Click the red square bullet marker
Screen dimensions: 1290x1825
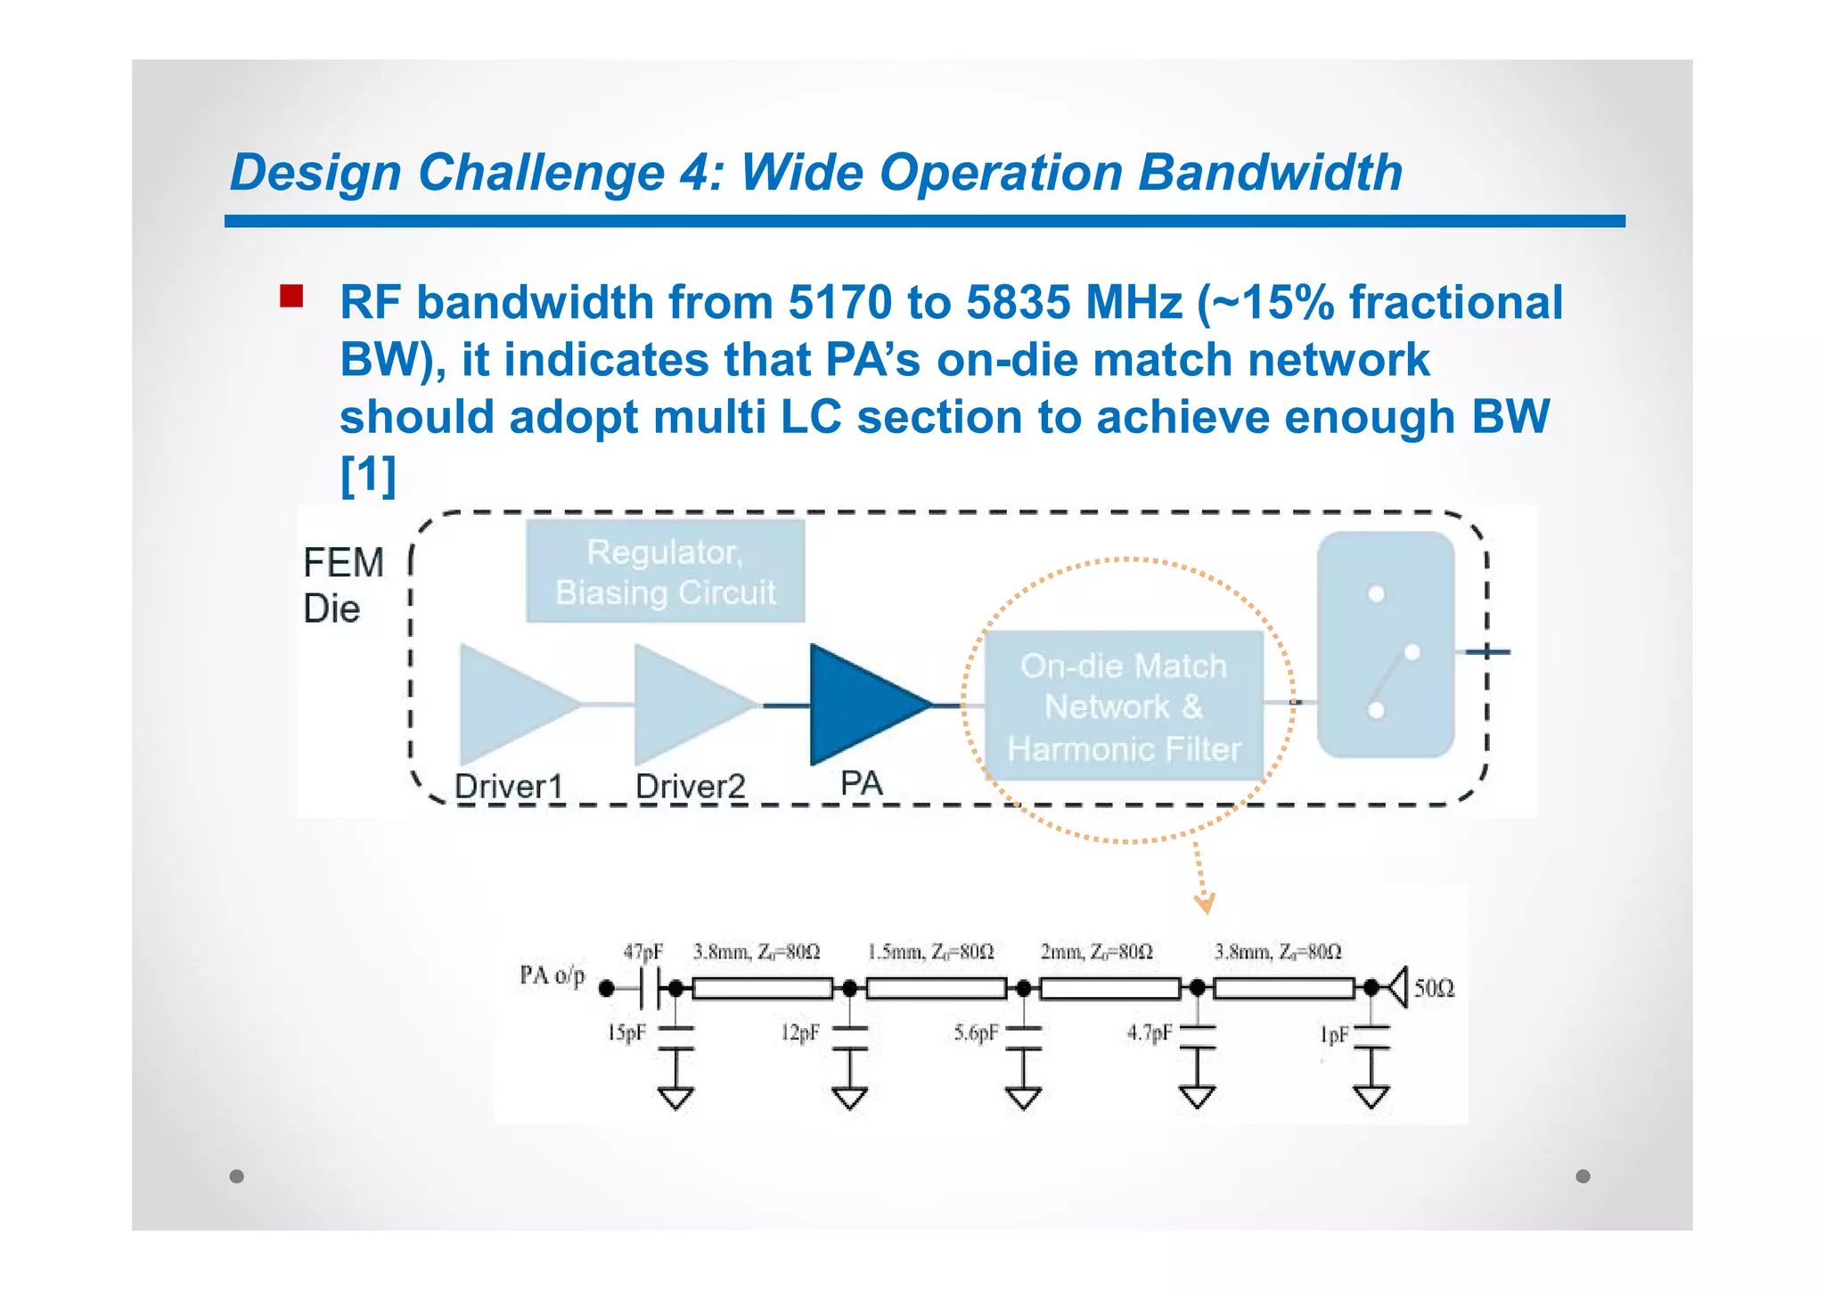point(291,297)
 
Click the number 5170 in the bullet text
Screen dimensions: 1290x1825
point(839,302)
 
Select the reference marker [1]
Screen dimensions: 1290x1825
point(368,475)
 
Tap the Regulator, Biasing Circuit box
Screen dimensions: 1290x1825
point(665,572)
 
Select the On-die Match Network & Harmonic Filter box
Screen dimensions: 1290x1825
point(1123,706)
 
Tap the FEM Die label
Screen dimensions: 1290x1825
point(342,585)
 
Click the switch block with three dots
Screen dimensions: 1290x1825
point(1385,645)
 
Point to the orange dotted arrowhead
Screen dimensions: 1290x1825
point(1205,905)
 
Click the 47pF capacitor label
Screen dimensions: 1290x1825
point(642,952)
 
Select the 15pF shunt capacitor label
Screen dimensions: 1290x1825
point(626,1033)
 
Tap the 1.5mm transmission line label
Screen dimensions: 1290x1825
point(929,952)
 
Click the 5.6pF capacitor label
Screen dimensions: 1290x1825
point(975,1033)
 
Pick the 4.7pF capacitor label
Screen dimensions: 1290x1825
point(1148,1033)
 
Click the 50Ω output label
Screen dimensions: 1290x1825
point(1434,988)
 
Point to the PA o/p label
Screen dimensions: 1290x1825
point(552,976)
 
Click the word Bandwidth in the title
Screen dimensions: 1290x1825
point(1270,172)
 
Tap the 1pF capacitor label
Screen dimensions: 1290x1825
point(1333,1035)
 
